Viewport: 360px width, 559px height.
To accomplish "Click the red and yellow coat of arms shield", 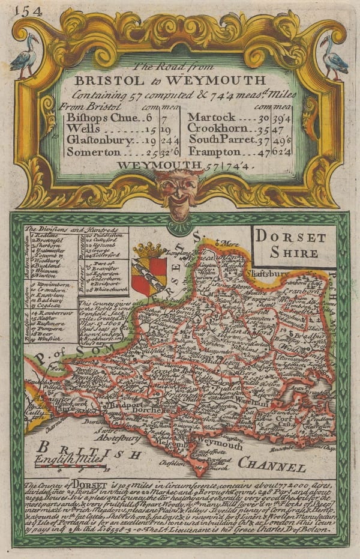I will tap(148, 275).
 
